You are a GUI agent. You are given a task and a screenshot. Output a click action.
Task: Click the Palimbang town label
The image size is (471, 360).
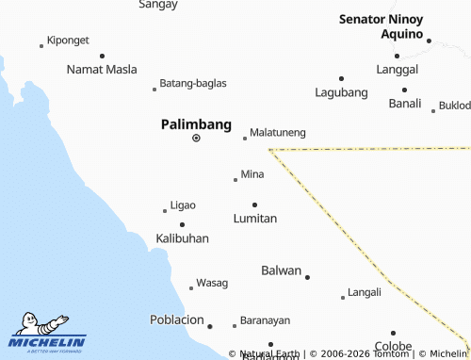[196, 123]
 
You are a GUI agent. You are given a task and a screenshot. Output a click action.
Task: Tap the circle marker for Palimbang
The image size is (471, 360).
[196, 138]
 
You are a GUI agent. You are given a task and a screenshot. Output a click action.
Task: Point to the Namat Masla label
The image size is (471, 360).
[102, 70]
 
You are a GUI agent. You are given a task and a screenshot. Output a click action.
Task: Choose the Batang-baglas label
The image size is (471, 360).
[193, 84]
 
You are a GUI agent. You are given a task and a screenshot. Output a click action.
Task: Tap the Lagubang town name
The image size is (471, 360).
[341, 92]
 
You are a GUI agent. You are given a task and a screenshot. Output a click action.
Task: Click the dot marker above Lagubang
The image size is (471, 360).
[341, 78]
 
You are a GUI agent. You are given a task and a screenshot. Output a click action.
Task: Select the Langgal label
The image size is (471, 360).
[398, 70]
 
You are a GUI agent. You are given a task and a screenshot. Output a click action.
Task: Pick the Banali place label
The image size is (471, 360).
[405, 104]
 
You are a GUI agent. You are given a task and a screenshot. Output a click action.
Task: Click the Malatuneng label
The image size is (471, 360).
[278, 134]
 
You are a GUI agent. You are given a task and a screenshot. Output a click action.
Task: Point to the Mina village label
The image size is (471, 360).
[252, 174]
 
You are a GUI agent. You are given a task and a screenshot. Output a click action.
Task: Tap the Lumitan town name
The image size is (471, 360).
[255, 219]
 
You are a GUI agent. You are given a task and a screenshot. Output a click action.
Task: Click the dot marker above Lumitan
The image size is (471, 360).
[254, 205]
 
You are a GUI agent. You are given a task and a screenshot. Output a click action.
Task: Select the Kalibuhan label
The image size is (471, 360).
[182, 239]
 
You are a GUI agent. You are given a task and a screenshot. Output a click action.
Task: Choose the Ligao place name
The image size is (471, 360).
[183, 205]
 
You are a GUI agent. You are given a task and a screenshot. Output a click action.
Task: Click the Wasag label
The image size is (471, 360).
[212, 284]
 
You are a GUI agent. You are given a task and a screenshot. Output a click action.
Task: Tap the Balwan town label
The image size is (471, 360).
[281, 271]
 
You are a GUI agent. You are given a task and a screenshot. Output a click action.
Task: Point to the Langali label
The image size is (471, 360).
[365, 293]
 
